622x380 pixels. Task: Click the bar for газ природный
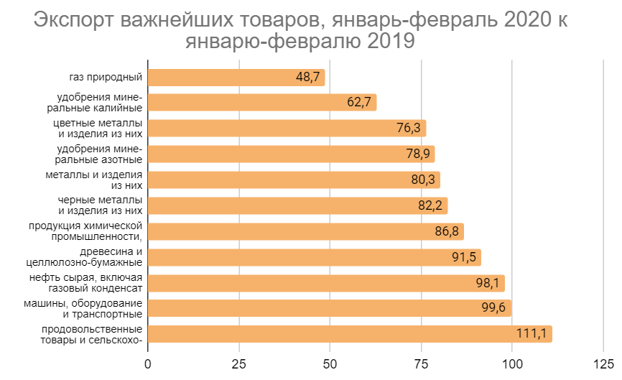pyautogui.click(x=236, y=77)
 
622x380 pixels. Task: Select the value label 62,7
pyautogui.click(x=358, y=103)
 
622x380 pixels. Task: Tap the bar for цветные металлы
pyautogui.click(x=287, y=128)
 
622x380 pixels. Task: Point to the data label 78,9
pyautogui.click(x=417, y=154)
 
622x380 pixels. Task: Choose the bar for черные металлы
pyautogui.click(x=297, y=205)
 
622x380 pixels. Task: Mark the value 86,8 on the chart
pyautogui.click(x=446, y=232)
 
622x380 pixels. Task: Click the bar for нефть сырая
pyautogui.click(x=326, y=283)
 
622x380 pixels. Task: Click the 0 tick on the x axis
pyautogui.click(x=148, y=363)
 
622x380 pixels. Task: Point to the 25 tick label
pyautogui.click(x=238, y=363)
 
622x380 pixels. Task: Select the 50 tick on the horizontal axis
pyautogui.click(x=330, y=363)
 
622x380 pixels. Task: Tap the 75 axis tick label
pyautogui.click(x=421, y=363)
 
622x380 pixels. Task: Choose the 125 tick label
pyautogui.click(x=603, y=363)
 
